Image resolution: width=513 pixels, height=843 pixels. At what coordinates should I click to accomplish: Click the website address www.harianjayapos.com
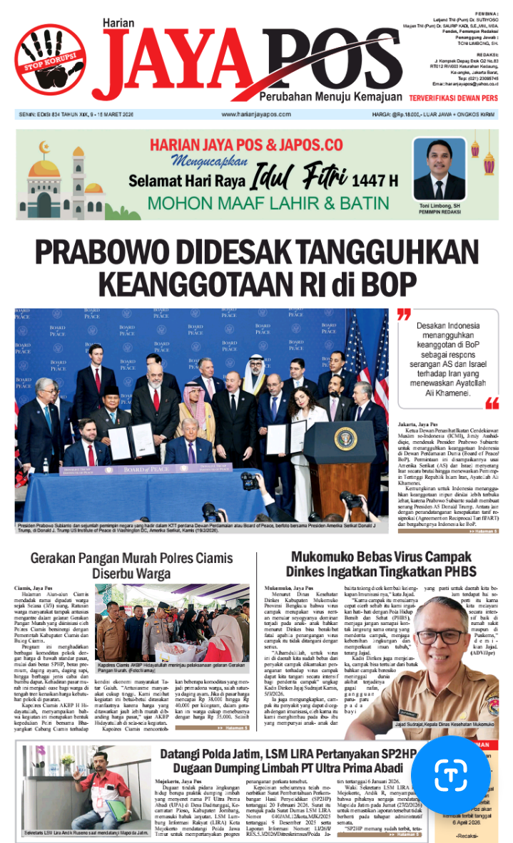[258, 114]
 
